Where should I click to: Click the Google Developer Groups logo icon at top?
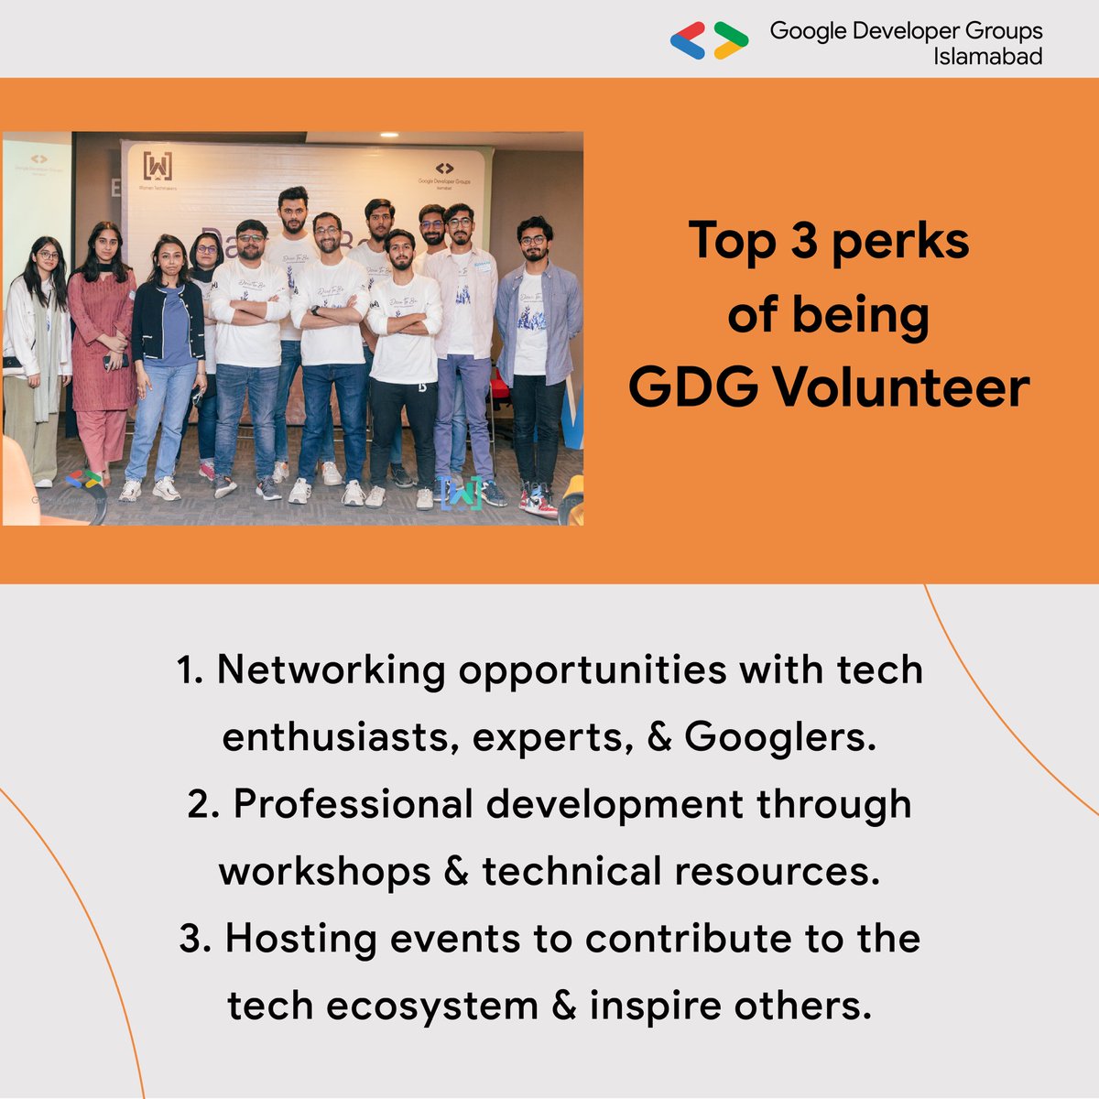tap(709, 41)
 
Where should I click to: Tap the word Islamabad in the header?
tap(987, 57)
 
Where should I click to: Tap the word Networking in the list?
tap(331, 670)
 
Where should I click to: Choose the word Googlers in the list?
tap(779, 736)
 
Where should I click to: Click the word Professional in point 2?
tap(352, 804)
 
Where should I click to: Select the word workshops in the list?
tap(324, 871)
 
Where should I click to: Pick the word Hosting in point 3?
tap(299, 939)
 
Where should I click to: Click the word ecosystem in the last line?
tap(432, 1006)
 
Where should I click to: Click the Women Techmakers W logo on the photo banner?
tap(158, 167)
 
